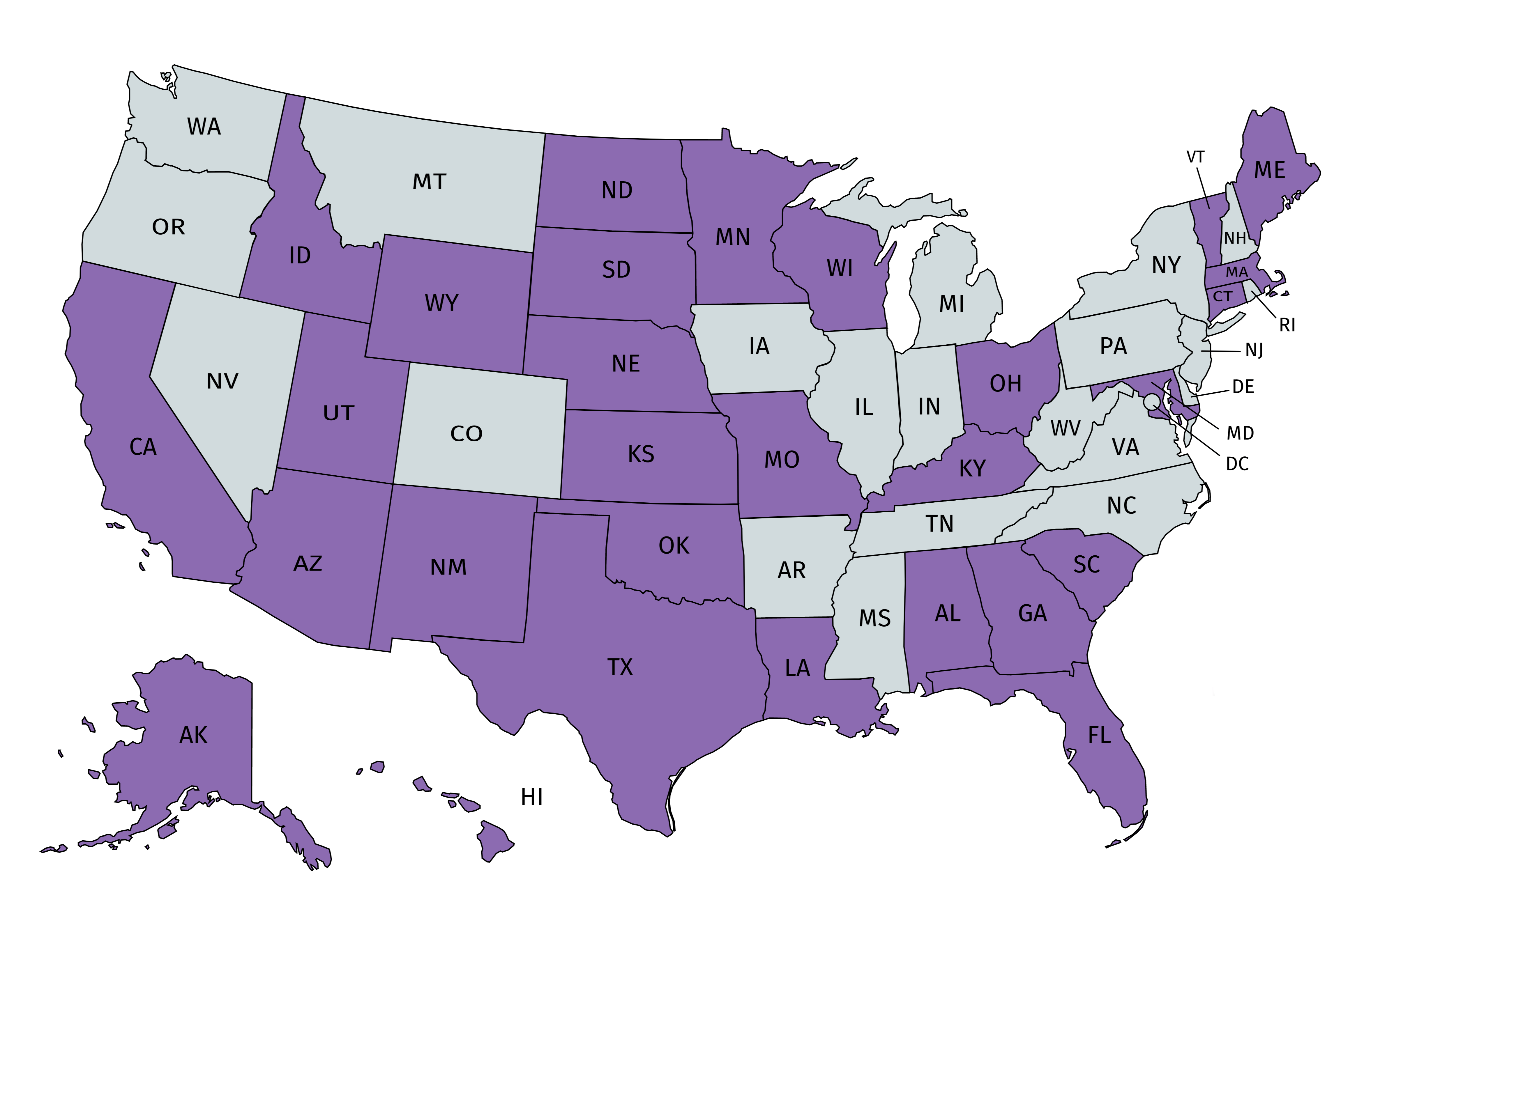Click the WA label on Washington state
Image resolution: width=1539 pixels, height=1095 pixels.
coord(204,127)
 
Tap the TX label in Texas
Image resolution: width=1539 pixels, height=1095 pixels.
coord(620,667)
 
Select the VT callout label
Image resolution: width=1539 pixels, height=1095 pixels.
coord(1195,157)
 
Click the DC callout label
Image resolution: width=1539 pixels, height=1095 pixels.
coord(1237,464)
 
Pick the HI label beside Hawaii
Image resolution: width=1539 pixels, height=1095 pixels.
coord(531,798)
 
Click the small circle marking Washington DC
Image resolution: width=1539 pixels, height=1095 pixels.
coord(1151,402)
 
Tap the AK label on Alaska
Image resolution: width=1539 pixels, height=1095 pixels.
coord(194,735)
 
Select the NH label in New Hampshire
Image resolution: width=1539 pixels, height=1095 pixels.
coord(1235,238)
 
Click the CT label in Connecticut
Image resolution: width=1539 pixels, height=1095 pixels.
coord(1222,297)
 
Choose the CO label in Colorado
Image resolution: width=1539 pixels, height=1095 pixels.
coord(466,434)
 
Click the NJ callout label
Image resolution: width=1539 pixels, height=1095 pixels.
coord(1254,351)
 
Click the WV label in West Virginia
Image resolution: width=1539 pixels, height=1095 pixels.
coord(1065,428)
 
